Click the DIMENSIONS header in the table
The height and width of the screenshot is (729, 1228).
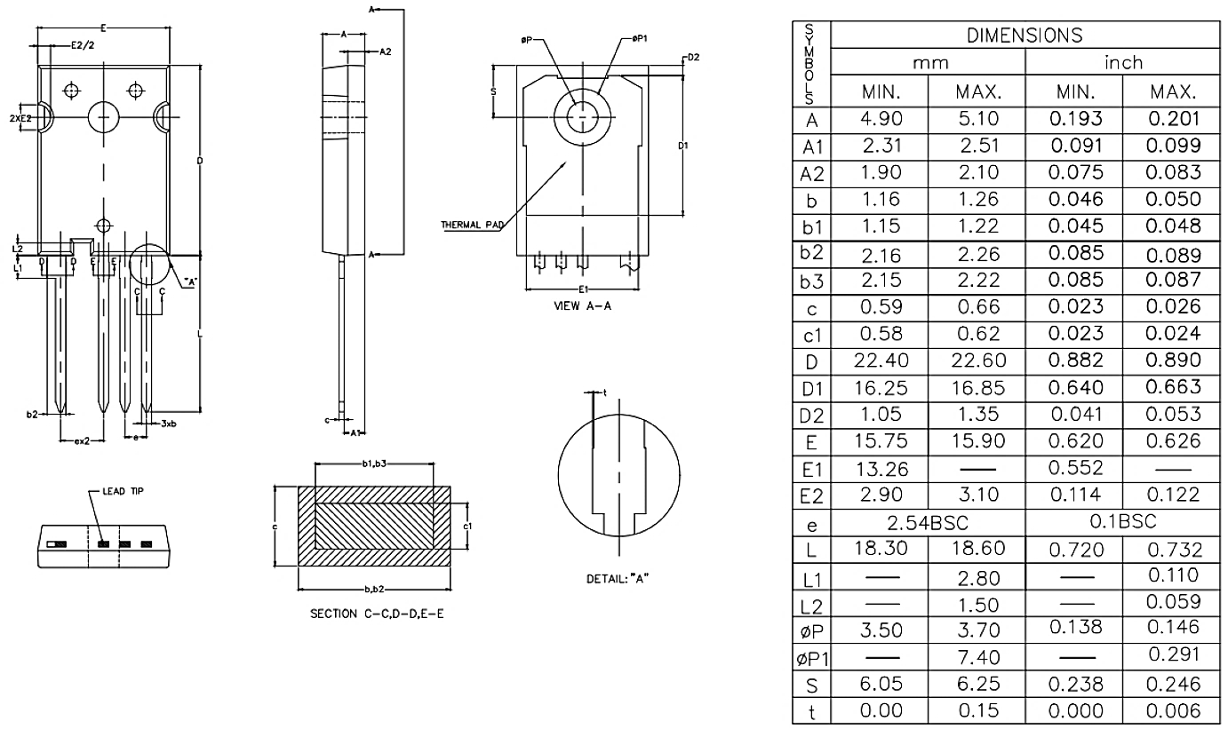click(1024, 36)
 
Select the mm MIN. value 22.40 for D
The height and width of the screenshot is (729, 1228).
click(880, 362)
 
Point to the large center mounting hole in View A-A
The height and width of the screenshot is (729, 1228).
click(582, 115)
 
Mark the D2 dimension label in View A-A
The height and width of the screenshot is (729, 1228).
click(693, 58)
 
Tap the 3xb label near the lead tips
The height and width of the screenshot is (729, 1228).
click(168, 424)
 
